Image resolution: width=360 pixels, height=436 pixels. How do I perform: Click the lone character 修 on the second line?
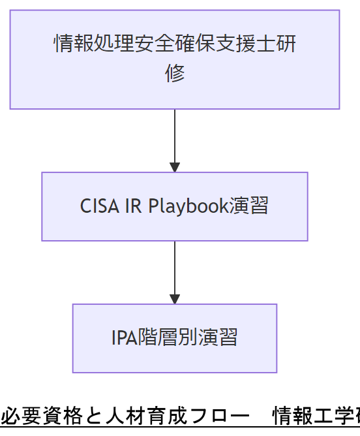(x=175, y=73)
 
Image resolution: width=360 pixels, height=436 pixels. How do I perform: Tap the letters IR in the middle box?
(x=134, y=206)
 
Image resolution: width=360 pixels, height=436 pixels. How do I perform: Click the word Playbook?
(x=188, y=206)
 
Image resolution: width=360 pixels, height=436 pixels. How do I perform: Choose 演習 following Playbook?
(x=249, y=206)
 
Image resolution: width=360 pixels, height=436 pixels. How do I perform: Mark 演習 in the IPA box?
(x=218, y=337)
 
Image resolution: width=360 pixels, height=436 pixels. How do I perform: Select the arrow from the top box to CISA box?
(x=175, y=140)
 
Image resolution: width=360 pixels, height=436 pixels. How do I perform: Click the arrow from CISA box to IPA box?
(x=175, y=272)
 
